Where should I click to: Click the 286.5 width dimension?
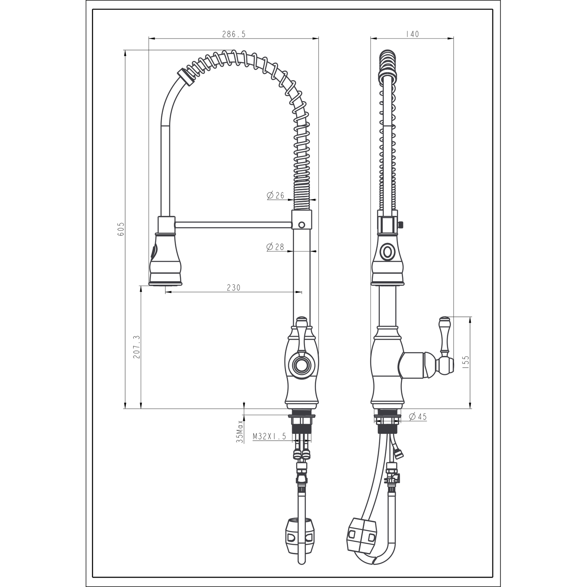[x=234, y=34]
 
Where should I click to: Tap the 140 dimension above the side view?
[x=412, y=34]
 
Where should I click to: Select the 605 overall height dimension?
[x=121, y=229]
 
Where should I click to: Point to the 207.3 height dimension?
[x=136, y=347]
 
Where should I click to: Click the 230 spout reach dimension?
[x=234, y=288]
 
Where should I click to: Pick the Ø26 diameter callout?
[x=275, y=195]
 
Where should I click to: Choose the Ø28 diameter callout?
[x=275, y=247]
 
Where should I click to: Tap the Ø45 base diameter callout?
[x=418, y=417]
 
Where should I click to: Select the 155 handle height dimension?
[x=466, y=362]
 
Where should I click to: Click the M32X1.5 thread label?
[x=269, y=437]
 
